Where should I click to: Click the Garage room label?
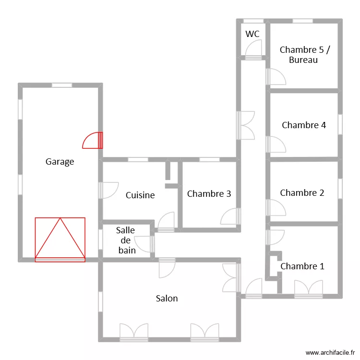click(60, 162)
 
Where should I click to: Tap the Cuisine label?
click(140, 195)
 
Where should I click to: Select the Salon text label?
click(167, 299)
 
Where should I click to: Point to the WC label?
click(252, 34)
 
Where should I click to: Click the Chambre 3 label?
click(209, 194)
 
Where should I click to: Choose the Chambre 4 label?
click(304, 125)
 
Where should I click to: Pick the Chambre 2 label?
click(302, 193)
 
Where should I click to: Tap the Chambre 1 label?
click(302, 266)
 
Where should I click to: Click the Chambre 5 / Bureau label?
click(305, 55)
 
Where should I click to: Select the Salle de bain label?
click(126, 240)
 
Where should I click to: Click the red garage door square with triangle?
click(60, 240)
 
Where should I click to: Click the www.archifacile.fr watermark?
click(329, 352)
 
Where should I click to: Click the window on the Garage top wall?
click(61, 85)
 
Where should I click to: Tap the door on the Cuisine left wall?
click(108, 190)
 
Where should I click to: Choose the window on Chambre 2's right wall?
click(340, 189)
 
